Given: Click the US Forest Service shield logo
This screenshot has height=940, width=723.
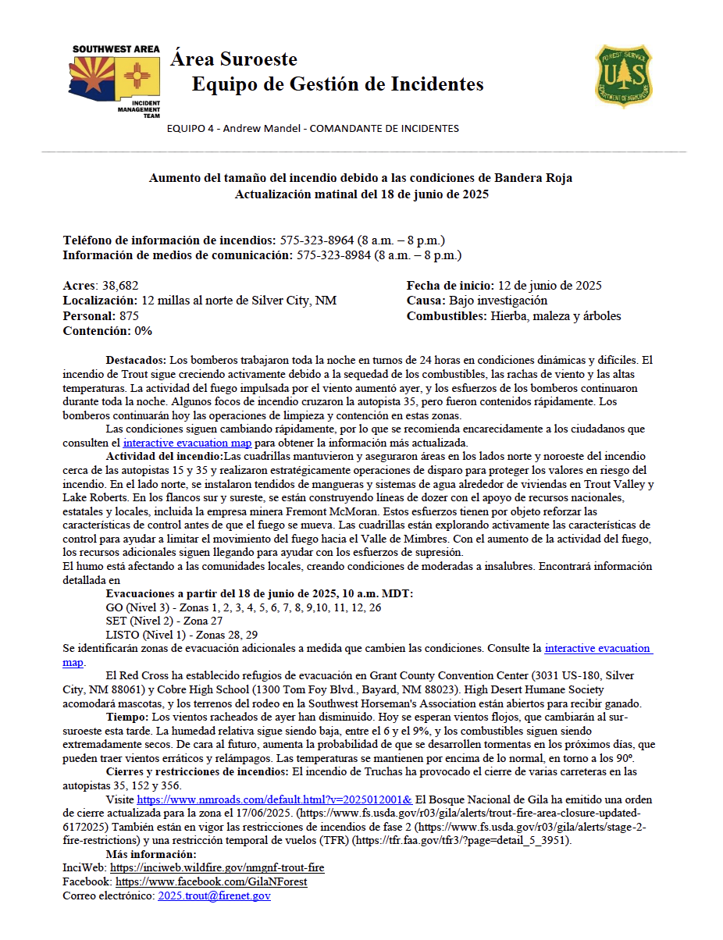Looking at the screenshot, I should coord(624,75).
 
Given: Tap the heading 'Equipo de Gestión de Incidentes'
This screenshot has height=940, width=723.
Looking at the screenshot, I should coord(337,84).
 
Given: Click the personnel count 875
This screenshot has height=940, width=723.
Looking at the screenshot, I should coord(128,316).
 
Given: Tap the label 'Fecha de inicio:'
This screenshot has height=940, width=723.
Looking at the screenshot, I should coord(449,286).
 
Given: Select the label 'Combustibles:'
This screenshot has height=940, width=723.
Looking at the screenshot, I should coord(447,316).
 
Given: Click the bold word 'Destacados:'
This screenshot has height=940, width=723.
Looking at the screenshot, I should coord(136,361).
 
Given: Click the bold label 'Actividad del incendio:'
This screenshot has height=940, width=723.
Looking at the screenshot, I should coord(164,456).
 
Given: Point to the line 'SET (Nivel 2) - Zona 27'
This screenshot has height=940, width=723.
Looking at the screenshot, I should coord(165,621).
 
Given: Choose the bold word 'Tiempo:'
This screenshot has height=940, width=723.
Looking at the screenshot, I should coord(126,716).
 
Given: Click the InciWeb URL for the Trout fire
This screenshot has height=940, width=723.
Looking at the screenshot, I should coord(217,867).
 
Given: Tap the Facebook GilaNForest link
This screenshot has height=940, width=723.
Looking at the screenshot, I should coord(211,881).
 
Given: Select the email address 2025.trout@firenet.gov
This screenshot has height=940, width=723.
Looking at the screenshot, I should coord(214,896).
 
